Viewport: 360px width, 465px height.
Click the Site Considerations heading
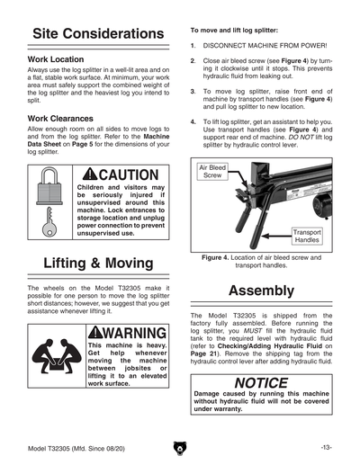(98, 33)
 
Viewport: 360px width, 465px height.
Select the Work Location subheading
(56, 59)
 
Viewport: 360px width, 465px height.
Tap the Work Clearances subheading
(60, 119)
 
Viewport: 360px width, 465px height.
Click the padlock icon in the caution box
(49, 186)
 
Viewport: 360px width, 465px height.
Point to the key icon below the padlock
(49, 221)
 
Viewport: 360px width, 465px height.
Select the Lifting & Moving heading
(98, 263)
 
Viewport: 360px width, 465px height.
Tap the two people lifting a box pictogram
(57, 356)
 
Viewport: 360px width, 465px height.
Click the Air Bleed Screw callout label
(212, 172)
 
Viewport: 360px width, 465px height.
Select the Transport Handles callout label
(307, 236)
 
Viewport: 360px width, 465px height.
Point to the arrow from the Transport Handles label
(276, 237)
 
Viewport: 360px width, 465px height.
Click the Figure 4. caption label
(215, 257)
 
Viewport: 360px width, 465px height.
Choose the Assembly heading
(261, 291)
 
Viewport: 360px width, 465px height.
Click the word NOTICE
(261, 383)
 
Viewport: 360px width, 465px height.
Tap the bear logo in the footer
(180, 448)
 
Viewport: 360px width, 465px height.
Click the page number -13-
(327, 448)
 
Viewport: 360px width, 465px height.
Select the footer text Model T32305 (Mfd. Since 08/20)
(76, 449)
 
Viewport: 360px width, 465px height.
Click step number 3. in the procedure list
(193, 92)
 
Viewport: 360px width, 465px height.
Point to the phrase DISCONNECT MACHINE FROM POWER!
(265, 46)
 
